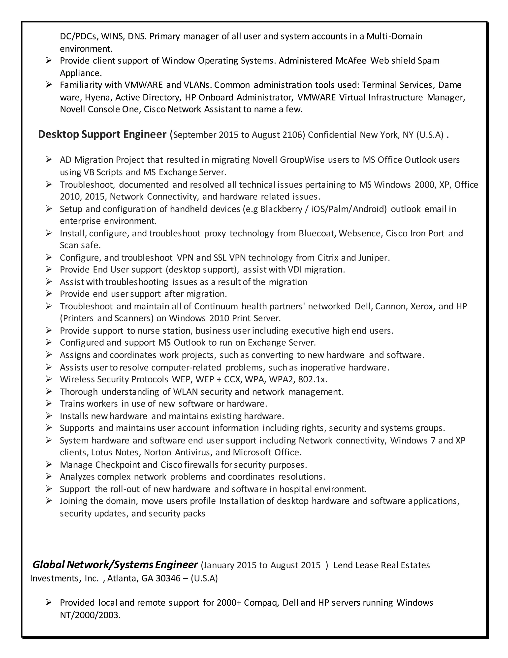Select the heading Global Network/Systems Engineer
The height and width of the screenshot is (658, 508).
(115, 565)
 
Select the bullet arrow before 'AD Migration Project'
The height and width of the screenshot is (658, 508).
(49, 159)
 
